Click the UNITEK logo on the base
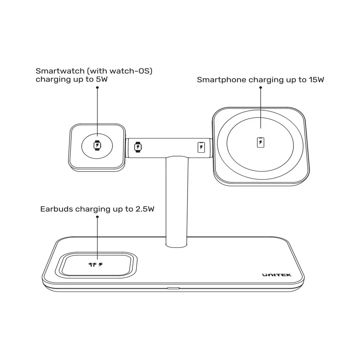coord(277,275)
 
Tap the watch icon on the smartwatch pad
coord(97,145)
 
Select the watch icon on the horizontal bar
coord(138,147)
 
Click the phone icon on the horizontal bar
coord(201,147)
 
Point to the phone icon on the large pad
coord(260,142)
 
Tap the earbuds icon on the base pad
coord(93,264)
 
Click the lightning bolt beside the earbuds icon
coord(101,264)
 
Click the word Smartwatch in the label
coord(60,71)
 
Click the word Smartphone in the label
coord(222,80)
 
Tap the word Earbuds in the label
coord(56,209)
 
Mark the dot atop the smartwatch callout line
coord(97,87)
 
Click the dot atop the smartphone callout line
coord(261,87)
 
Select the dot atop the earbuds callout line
coord(97,217)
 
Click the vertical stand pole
coord(177,202)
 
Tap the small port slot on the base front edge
coord(173,288)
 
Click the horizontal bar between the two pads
coord(169,148)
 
